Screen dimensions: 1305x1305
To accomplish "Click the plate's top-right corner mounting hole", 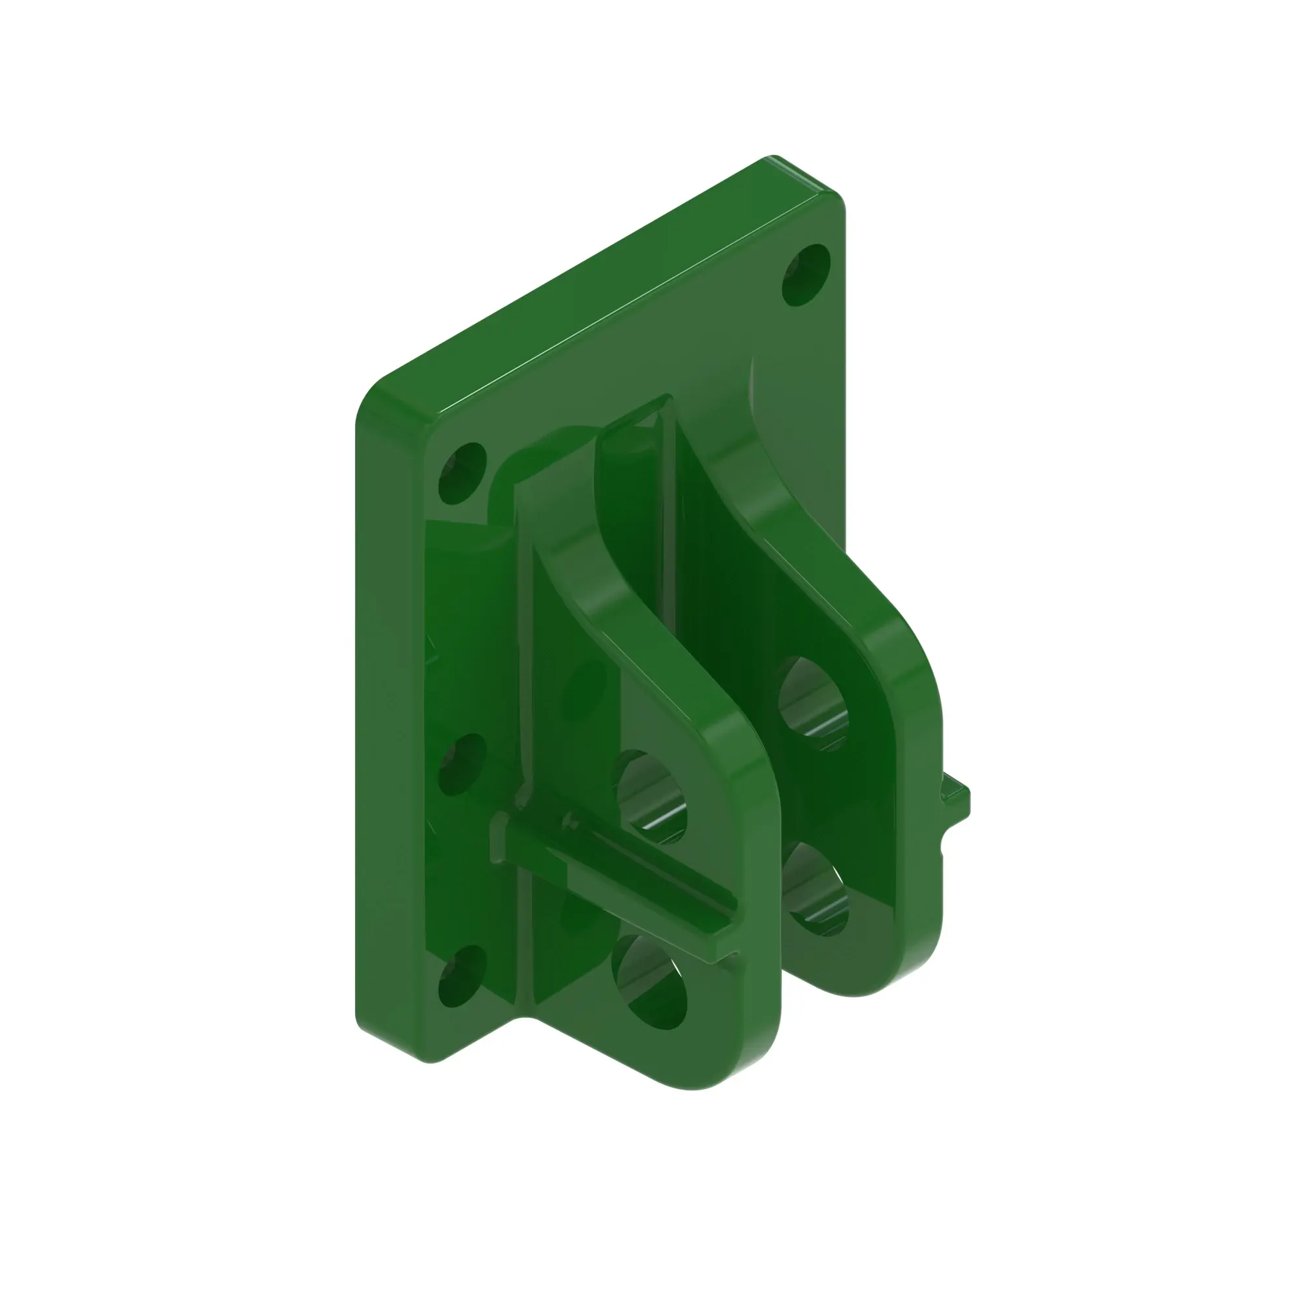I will [805, 275].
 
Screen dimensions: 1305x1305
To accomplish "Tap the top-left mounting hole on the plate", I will [462, 474].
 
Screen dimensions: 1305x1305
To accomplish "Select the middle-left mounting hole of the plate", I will [462, 765].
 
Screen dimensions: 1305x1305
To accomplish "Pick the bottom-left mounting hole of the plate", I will [462, 975].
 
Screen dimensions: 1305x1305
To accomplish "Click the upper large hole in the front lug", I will [650, 797].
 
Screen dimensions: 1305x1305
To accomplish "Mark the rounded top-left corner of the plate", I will [378, 395].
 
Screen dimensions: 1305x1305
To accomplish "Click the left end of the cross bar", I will [499, 838].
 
